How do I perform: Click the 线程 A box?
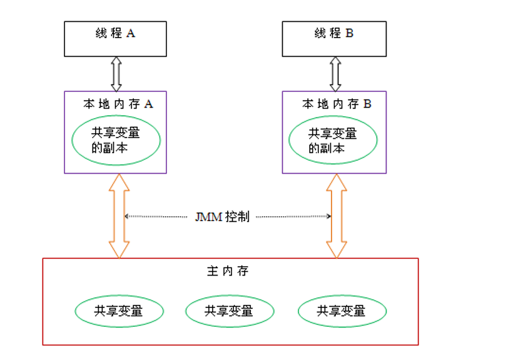pyautogui.click(x=115, y=39)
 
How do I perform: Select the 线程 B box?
pyautogui.click(x=333, y=39)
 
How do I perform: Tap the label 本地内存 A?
pyautogui.click(x=118, y=104)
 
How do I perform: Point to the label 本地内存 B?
pyautogui.click(x=337, y=104)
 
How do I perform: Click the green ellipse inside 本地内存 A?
pyautogui.click(x=116, y=141)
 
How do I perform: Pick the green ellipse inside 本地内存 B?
pyautogui.click(x=333, y=141)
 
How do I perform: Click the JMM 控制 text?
pyautogui.click(x=221, y=217)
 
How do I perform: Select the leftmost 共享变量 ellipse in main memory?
pyautogui.click(x=119, y=311)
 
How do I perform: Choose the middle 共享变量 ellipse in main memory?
pyautogui.click(x=230, y=311)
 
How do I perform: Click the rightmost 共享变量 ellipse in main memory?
pyautogui.click(x=342, y=311)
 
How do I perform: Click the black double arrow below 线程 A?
pyautogui.click(x=116, y=74)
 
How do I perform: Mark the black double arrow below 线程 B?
pyautogui.click(x=335, y=74)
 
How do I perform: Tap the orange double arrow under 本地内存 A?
pyautogui.click(x=118, y=216)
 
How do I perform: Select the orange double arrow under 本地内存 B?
pyautogui.click(x=337, y=216)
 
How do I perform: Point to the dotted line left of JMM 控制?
pyautogui.click(x=156, y=217)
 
